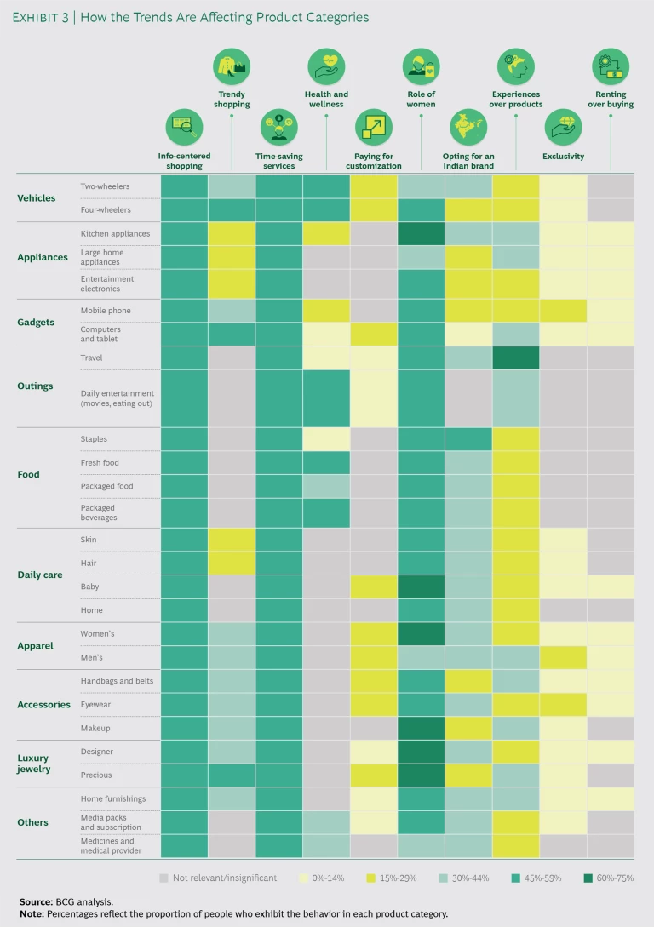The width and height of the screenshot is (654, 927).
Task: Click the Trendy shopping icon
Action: point(232,66)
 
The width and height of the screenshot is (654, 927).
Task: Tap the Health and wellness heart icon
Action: point(326,66)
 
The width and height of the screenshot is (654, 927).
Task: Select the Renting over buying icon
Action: point(611,66)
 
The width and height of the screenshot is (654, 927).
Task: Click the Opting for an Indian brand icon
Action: point(468,128)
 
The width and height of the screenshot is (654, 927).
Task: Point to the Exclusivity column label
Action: point(563,157)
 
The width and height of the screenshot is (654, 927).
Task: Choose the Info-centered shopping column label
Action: point(184,161)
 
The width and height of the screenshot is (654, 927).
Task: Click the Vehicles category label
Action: point(37,198)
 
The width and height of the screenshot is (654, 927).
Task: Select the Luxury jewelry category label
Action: point(34,764)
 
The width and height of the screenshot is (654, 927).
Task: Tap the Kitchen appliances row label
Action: point(115,233)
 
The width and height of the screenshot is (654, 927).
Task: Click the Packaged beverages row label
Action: point(100,512)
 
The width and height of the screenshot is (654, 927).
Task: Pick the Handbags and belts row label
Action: point(118,681)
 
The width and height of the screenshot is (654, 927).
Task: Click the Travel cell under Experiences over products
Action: point(516,358)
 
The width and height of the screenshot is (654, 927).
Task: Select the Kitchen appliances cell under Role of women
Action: point(421,233)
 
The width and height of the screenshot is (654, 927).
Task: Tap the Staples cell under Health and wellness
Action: point(326,439)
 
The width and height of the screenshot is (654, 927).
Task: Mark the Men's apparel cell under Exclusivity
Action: point(563,657)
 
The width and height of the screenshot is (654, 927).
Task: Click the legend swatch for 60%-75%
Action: point(587,878)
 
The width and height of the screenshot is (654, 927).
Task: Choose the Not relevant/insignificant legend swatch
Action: point(163,878)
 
